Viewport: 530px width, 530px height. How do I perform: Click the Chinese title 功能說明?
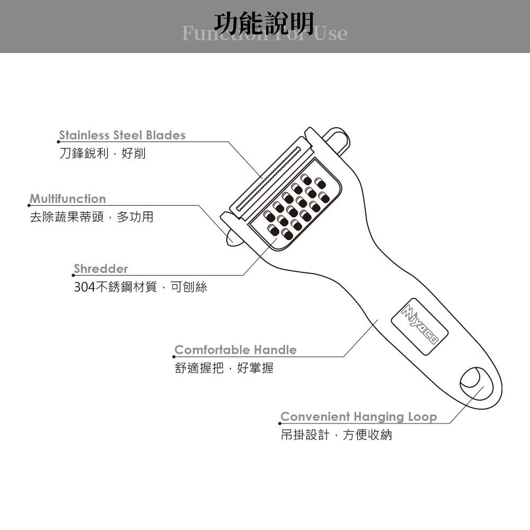click(264, 22)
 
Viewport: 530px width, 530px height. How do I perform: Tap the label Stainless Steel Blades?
click(122, 135)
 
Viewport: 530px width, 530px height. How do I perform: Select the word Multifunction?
click(68, 199)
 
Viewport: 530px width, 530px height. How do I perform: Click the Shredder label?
click(101, 269)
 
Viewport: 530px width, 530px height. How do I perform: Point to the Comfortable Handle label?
click(235, 350)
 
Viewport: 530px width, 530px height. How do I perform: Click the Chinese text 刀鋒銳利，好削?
click(102, 154)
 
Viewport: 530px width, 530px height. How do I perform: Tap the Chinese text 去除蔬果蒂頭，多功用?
click(91, 217)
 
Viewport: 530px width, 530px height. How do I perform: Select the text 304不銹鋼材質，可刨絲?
click(140, 287)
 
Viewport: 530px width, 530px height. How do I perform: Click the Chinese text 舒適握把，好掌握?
click(224, 368)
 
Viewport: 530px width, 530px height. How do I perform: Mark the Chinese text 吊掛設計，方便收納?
click(336, 435)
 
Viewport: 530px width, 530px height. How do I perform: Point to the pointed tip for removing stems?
click(233, 236)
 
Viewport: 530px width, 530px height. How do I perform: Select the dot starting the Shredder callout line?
click(73, 275)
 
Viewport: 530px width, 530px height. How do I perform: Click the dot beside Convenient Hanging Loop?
click(280, 423)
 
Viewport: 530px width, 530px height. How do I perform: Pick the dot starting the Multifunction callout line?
click(29, 205)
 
